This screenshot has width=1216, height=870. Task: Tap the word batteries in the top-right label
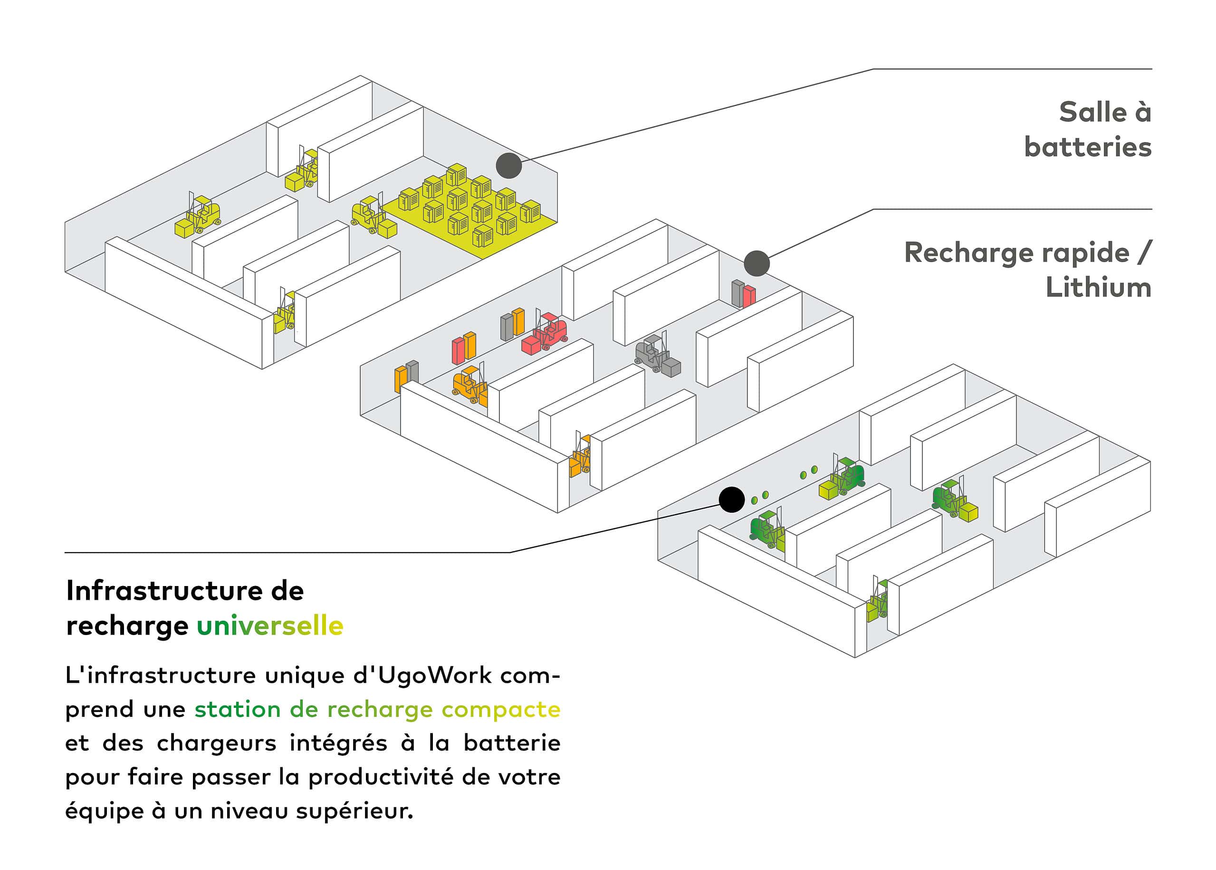(x=1088, y=147)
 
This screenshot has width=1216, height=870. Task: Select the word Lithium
(x=1098, y=288)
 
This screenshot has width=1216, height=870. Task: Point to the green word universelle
(x=270, y=626)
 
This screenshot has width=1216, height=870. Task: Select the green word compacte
(x=501, y=709)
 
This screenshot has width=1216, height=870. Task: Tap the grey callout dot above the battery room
(x=508, y=166)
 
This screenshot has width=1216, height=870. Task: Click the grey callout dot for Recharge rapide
(x=756, y=263)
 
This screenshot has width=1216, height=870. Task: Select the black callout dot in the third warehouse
(x=731, y=500)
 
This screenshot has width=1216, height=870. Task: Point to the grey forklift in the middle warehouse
(x=656, y=355)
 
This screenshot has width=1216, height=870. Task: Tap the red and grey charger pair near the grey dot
(x=743, y=294)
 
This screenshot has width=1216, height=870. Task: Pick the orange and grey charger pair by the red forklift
(x=512, y=323)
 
